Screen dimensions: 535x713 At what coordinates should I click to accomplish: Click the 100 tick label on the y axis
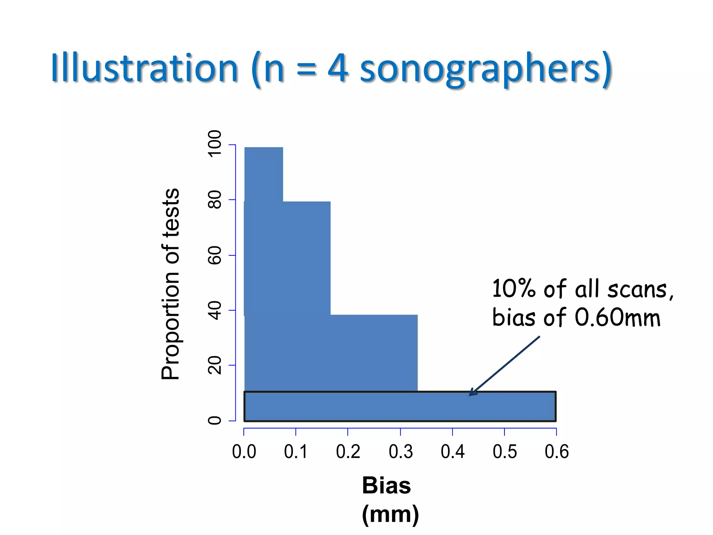214,144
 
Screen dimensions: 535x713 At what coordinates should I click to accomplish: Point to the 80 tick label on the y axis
214,199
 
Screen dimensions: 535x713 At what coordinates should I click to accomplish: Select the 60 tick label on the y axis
214,255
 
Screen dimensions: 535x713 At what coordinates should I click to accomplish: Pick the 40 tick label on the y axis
214,310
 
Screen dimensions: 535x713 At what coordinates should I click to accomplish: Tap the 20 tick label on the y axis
214,365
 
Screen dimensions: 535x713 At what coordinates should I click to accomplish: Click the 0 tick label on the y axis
214,420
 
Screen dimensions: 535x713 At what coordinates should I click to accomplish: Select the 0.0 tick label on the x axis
244,452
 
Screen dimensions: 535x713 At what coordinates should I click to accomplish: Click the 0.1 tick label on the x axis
296,452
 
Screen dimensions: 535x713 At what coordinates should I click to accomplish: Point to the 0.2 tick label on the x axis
348,452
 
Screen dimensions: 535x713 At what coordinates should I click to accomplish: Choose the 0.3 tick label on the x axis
400,452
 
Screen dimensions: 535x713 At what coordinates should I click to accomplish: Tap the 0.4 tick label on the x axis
453,452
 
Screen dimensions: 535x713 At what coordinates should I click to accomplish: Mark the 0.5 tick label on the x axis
504,452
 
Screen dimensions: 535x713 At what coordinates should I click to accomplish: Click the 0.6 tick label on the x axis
556,452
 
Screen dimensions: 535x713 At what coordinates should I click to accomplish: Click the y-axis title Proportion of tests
171,284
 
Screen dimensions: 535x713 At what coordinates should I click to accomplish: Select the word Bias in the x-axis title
386,485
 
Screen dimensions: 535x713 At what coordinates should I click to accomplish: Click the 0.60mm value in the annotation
617,318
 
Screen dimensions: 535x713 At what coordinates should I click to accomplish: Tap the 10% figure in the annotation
514,289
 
